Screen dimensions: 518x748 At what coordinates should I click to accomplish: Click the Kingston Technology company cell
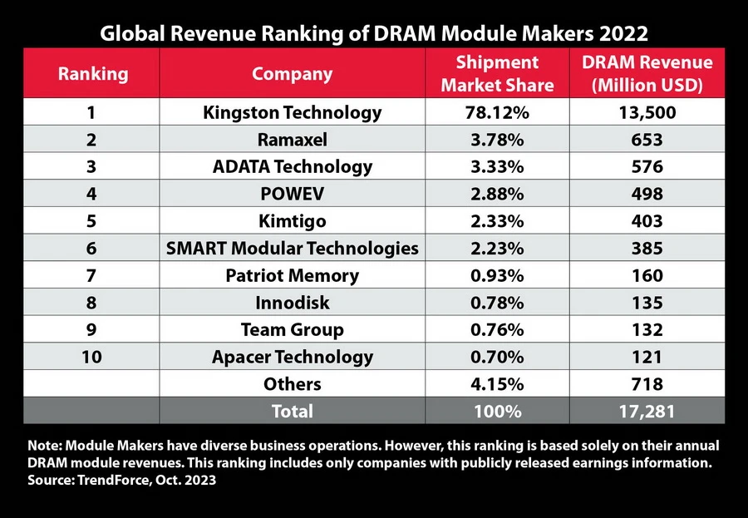tap(292, 112)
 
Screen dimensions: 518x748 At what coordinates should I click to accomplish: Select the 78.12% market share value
tap(497, 112)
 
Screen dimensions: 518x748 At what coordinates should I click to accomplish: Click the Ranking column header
tap(93, 73)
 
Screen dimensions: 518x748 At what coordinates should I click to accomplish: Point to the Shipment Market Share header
tap(497, 73)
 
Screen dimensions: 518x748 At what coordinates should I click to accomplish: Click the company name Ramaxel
tap(292, 139)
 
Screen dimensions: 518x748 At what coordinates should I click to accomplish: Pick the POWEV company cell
tap(292, 194)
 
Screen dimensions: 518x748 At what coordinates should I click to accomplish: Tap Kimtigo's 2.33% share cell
tap(497, 221)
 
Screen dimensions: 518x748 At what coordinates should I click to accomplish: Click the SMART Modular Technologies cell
tap(292, 248)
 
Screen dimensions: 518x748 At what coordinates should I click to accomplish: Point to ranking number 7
tap(93, 275)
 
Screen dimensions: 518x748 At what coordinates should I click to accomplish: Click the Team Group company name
tap(292, 330)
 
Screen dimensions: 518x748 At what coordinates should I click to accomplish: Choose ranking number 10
tap(93, 358)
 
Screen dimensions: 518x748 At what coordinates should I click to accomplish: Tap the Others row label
tap(292, 384)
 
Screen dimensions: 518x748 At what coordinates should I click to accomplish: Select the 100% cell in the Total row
tap(497, 411)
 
